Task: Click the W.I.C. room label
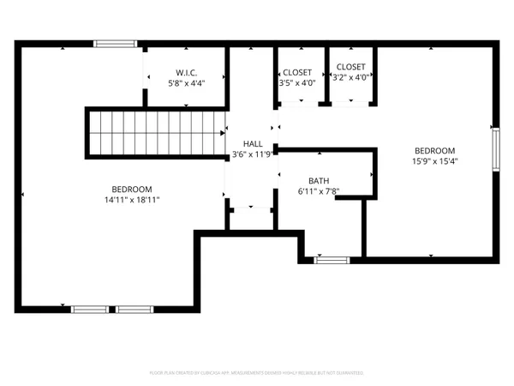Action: [187, 72]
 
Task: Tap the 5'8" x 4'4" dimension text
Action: [187, 84]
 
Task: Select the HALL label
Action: [253, 144]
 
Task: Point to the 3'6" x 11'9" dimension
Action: [253, 155]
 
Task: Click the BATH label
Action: [319, 181]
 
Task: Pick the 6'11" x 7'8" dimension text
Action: [319, 192]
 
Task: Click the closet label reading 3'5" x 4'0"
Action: [297, 84]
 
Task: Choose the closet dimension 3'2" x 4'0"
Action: [350, 77]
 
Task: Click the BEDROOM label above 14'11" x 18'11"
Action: [132, 189]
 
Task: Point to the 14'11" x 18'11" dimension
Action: [132, 200]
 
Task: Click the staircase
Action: [154, 134]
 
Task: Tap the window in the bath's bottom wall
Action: [332, 259]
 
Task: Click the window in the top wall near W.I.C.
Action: [115, 44]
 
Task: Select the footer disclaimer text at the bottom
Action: [257, 373]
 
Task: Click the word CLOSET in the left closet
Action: [297, 72]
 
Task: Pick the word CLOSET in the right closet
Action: [350, 66]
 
